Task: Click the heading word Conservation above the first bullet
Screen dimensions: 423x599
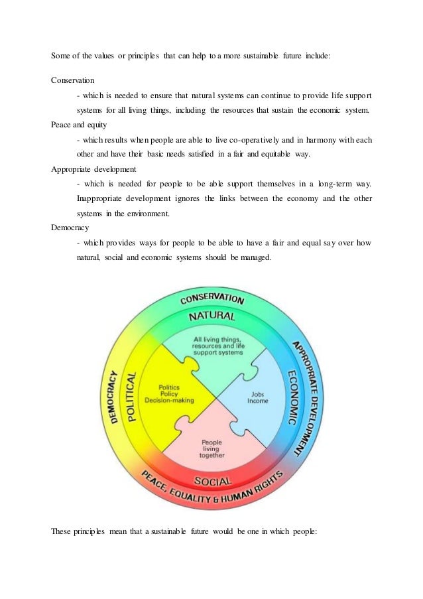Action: tap(73, 80)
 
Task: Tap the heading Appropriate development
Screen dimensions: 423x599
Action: tap(90, 168)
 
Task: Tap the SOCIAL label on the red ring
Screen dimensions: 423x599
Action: tap(212, 480)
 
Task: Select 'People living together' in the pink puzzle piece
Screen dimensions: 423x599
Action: tap(212, 449)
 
